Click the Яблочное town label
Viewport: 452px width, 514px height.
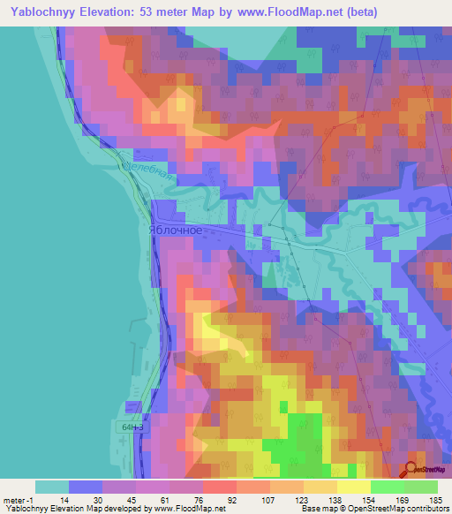tap(176, 230)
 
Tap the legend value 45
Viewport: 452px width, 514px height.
tap(135, 500)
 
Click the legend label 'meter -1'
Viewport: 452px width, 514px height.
tap(19, 500)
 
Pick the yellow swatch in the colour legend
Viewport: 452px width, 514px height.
tap(353, 488)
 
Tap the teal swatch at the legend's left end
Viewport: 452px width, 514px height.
tap(51, 488)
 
